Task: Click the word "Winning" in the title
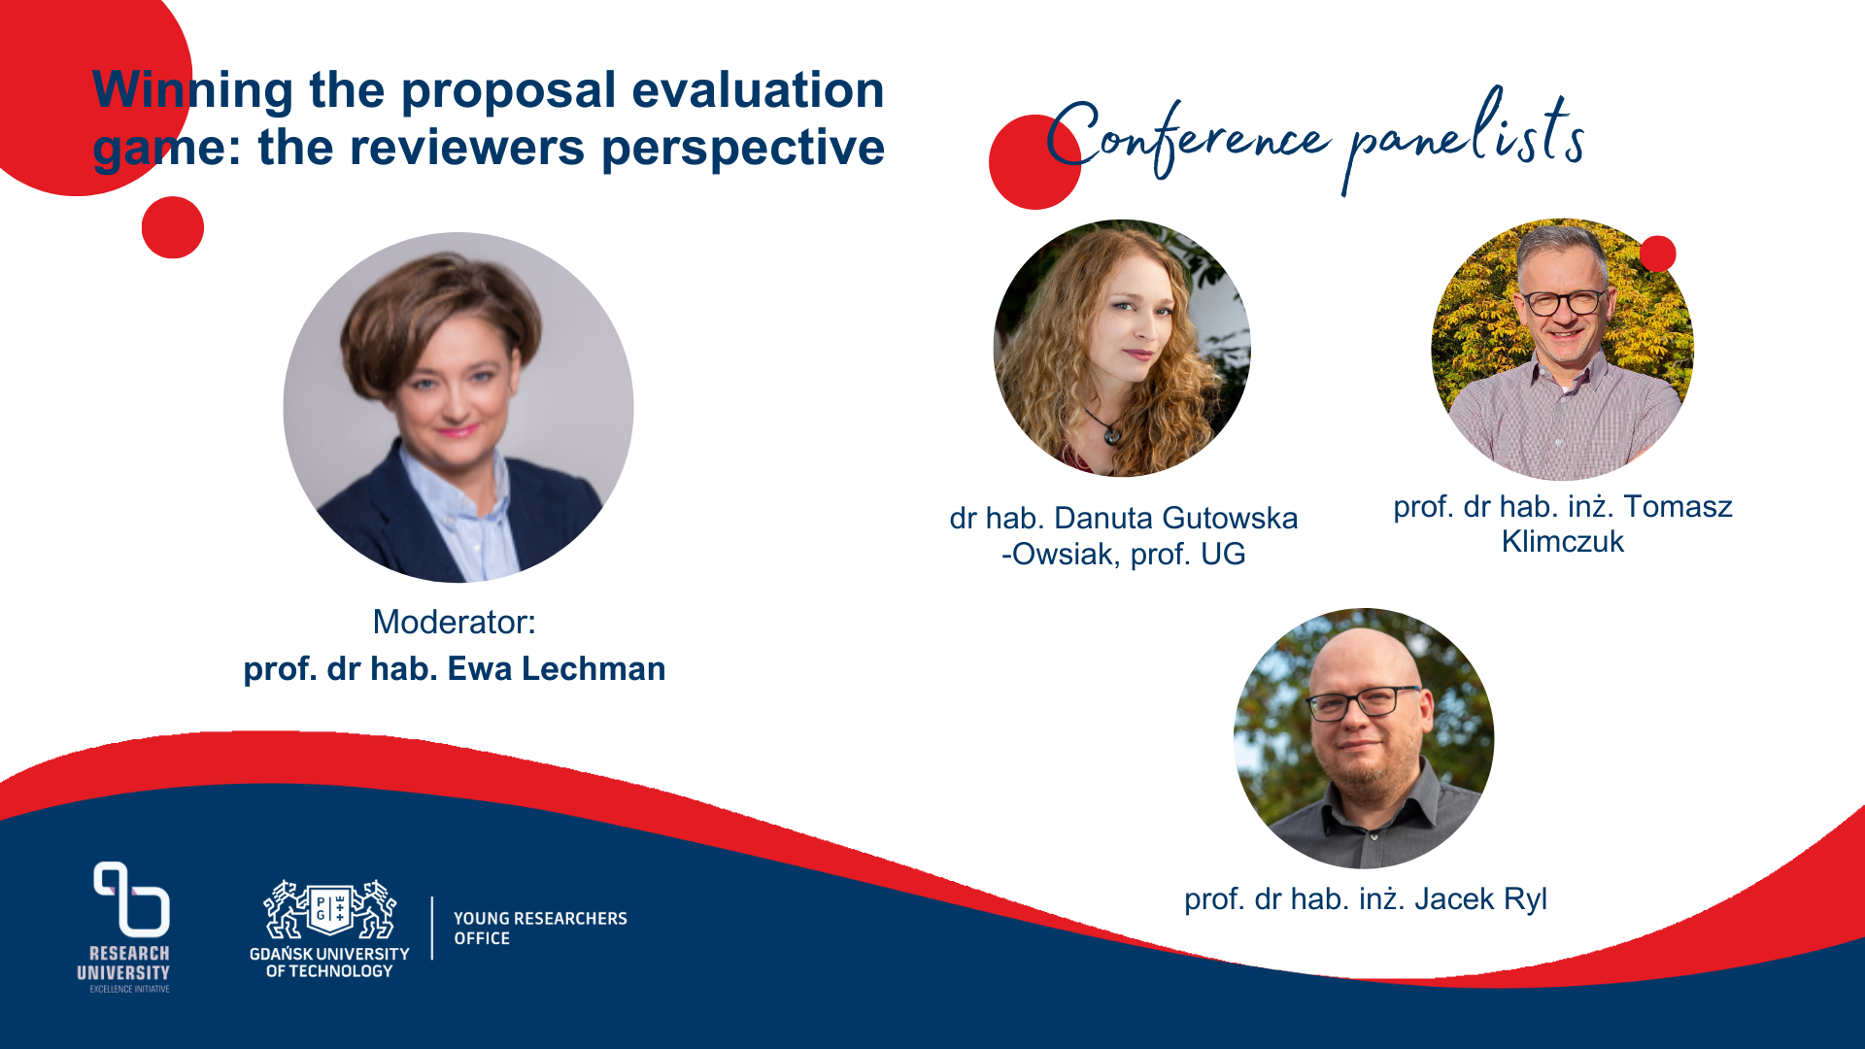[x=192, y=91]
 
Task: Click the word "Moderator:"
[x=454, y=623]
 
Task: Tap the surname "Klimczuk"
[x=1562, y=542]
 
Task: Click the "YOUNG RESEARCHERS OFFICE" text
[x=540, y=929]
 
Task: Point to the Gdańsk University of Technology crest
[x=329, y=910]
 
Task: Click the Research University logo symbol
[x=131, y=898]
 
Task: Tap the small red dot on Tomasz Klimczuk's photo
[x=1657, y=254]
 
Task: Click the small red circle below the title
[x=173, y=227]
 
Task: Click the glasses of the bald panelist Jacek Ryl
[x=1363, y=701]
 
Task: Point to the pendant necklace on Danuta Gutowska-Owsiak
[x=1112, y=435]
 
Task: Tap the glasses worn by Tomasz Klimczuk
[x=1565, y=302]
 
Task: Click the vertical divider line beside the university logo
[x=432, y=929]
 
